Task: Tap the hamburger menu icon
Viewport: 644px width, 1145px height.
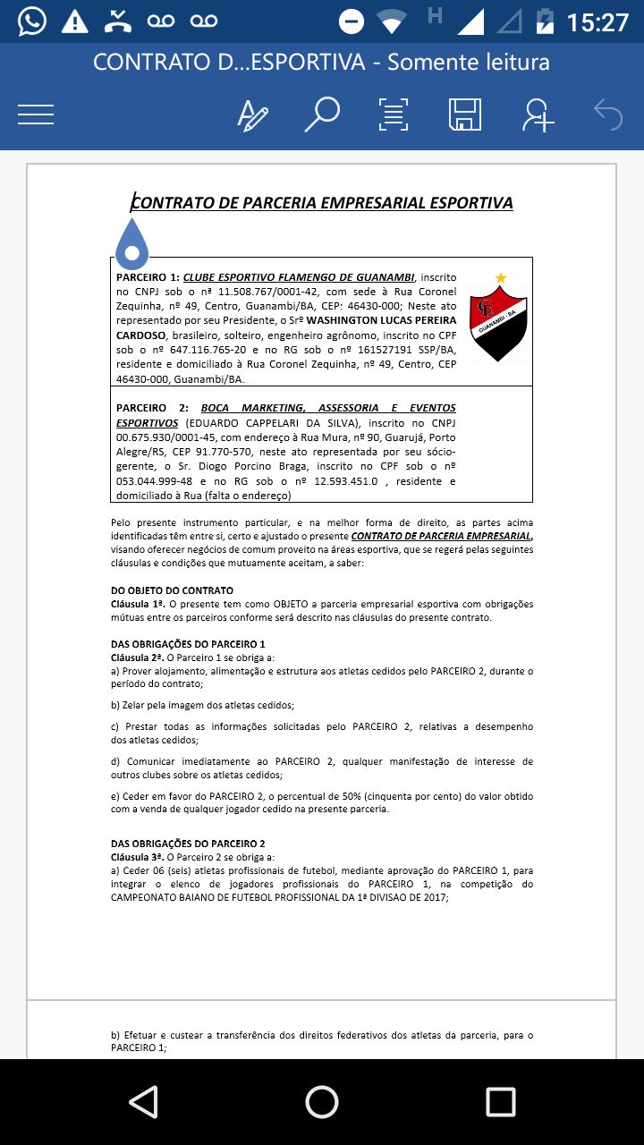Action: coord(36,114)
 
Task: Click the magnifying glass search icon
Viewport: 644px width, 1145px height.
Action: coord(322,114)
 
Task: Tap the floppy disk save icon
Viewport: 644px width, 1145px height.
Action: coord(465,114)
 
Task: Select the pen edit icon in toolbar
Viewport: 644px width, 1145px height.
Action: coord(252,114)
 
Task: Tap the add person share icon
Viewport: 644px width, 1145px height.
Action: coord(538,114)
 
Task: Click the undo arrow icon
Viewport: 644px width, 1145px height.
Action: coord(608,114)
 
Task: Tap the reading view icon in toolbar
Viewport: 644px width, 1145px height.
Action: coord(394,114)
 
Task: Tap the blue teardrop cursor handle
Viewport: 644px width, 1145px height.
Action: coord(132,243)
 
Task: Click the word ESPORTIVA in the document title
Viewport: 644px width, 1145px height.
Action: coord(470,203)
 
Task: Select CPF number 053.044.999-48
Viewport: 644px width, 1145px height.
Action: coord(148,481)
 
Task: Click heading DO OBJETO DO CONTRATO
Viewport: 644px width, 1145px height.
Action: coord(172,590)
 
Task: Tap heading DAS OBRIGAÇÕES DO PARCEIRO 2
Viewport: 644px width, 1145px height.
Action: coord(188,844)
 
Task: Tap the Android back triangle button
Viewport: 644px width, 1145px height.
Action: coord(143,1101)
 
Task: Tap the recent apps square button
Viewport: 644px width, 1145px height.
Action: coord(500,1101)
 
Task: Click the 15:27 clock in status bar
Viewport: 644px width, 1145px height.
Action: coord(598,21)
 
